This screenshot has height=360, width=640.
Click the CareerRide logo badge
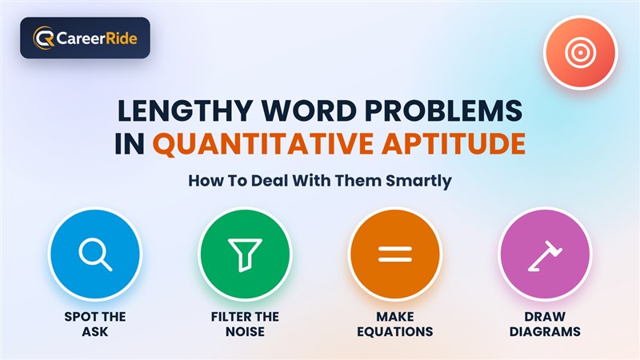(x=85, y=38)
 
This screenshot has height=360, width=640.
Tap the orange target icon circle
(x=580, y=52)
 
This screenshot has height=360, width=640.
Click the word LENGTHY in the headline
(x=185, y=110)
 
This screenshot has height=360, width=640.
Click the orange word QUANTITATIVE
(x=263, y=144)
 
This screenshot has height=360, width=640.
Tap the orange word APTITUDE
(x=454, y=144)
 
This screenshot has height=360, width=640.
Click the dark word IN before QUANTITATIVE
(x=130, y=144)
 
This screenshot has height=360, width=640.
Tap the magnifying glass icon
(x=95, y=255)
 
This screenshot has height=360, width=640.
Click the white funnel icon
(x=245, y=254)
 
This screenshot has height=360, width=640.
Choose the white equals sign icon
(x=394, y=254)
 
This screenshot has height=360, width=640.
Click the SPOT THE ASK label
(x=95, y=324)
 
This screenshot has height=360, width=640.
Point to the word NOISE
(x=245, y=331)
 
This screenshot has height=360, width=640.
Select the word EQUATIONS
(x=394, y=332)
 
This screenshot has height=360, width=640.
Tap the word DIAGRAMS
(x=545, y=331)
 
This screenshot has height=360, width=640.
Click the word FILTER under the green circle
(x=230, y=317)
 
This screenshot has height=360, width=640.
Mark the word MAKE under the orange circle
(x=394, y=317)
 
